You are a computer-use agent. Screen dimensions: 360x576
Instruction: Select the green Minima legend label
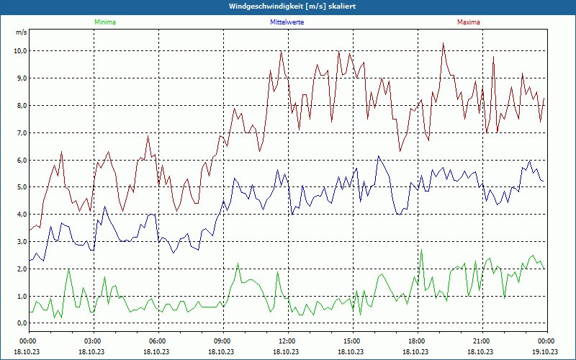click(x=104, y=22)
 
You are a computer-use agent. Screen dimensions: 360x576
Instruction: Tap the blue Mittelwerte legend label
click(x=287, y=22)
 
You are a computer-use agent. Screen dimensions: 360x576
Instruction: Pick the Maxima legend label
click(x=469, y=22)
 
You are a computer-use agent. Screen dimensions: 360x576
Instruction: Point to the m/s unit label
click(x=21, y=32)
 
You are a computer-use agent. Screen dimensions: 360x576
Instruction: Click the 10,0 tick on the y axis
click(x=19, y=51)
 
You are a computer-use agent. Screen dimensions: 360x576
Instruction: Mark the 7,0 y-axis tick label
click(x=19, y=133)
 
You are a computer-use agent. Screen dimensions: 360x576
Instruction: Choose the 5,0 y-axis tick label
click(x=19, y=187)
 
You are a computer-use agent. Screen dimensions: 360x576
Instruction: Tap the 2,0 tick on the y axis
click(x=19, y=269)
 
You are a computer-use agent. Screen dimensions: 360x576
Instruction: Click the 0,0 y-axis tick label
click(x=19, y=323)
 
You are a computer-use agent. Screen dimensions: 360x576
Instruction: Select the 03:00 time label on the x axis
click(x=93, y=341)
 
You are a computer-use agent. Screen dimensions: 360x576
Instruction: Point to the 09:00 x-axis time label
click(x=222, y=341)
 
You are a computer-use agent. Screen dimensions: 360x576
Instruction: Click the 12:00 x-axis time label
click(x=287, y=341)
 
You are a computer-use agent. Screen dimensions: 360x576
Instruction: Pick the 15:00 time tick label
click(x=352, y=341)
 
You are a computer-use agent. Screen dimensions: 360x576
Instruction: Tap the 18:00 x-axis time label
click(x=417, y=341)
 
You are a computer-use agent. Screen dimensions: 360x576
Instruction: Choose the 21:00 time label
click(x=482, y=341)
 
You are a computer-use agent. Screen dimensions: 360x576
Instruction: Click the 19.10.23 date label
click(x=545, y=351)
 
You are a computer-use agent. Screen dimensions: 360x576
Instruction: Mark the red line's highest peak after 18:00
click(x=444, y=43)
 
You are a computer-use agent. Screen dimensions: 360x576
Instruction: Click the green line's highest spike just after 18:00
click(x=421, y=251)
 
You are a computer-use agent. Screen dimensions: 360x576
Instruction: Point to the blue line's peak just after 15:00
click(x=378, y=156)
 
